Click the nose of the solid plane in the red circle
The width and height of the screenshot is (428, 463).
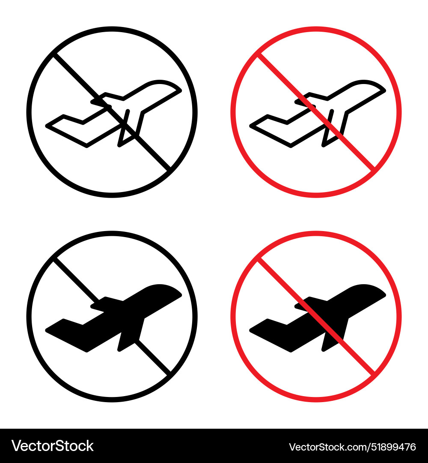click(380, 292)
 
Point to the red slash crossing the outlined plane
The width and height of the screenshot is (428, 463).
click(355, 150)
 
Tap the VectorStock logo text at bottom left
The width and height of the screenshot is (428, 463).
click(53, 446)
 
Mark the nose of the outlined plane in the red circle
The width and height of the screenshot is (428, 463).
click(379, 87)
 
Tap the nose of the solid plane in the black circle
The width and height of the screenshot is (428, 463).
click(175, 292)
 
